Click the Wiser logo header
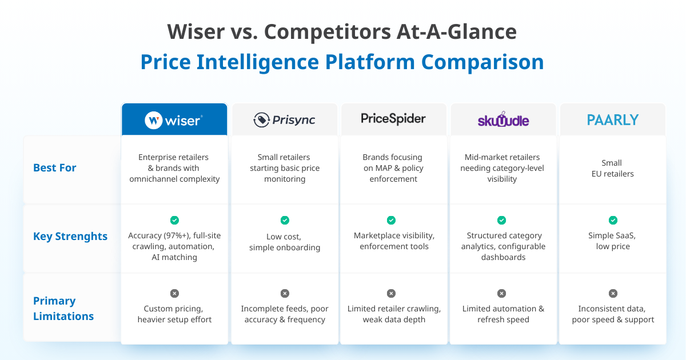pyautogui.click(x=174, y=120)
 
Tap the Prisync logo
pyautogui.click(x=285, y=120)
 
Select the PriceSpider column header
pyautogui.click(x=393, y=118)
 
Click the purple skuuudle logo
pyautogui.click(x=503, y=120)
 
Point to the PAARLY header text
pyautogui.click(x=612, y=120)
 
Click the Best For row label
pyautogui.click(x=55, y=167)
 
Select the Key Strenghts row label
pyautogui.click(x=70, y=236)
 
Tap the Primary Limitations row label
pyautogui.click(x=63, y=308)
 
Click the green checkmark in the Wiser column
pyautogui.click(x=174, y=220)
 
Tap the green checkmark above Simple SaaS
pyautogui.click(x=613, y=220)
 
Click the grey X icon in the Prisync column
pyautogui.click(x=285, y=293)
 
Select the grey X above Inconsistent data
pyautogui.click(x=613, y=293)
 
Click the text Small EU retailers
pyautogui.click(x=612, y=168)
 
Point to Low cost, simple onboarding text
pyautogui.click(x=285, y=242)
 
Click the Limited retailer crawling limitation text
pyautogui.click(x=394, y=314)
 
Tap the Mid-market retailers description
pyautogui.click(x=502, y=168)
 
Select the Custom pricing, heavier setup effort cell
pyautogui.click(x=174, y=314)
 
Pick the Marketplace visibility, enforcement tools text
pyautogui.click(x=394, y=241)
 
